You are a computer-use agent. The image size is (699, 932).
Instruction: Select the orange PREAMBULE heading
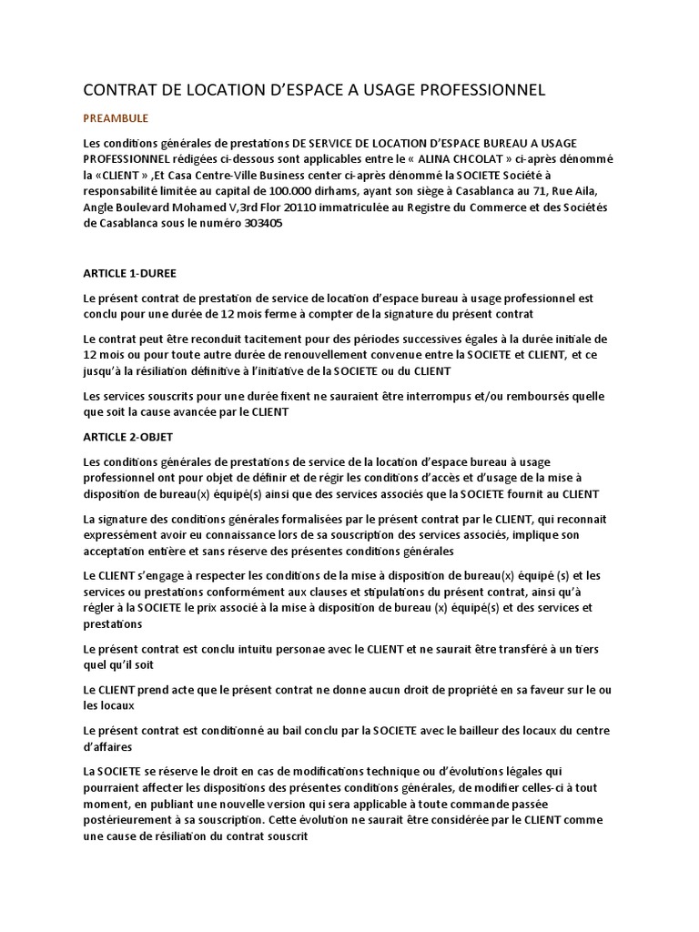(x=116, y=118)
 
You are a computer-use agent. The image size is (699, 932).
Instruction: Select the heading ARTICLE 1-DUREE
(x=129, y=272)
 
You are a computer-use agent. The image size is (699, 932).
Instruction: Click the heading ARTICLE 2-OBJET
(x=127, y=437)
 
